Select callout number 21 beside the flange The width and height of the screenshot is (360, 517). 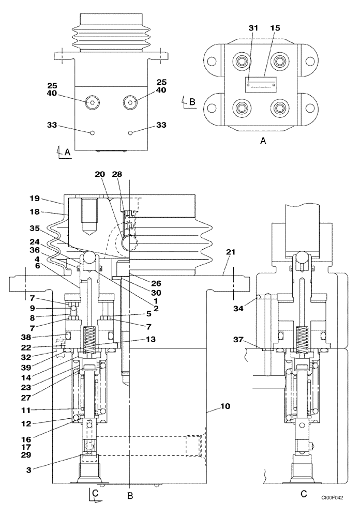coord(231,252)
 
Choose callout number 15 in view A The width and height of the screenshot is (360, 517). coord(276,27)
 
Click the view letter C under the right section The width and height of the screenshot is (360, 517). coord(304,494)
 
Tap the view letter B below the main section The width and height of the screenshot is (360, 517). coord(131,496)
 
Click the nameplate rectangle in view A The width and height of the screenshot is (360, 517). coord(261,84)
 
